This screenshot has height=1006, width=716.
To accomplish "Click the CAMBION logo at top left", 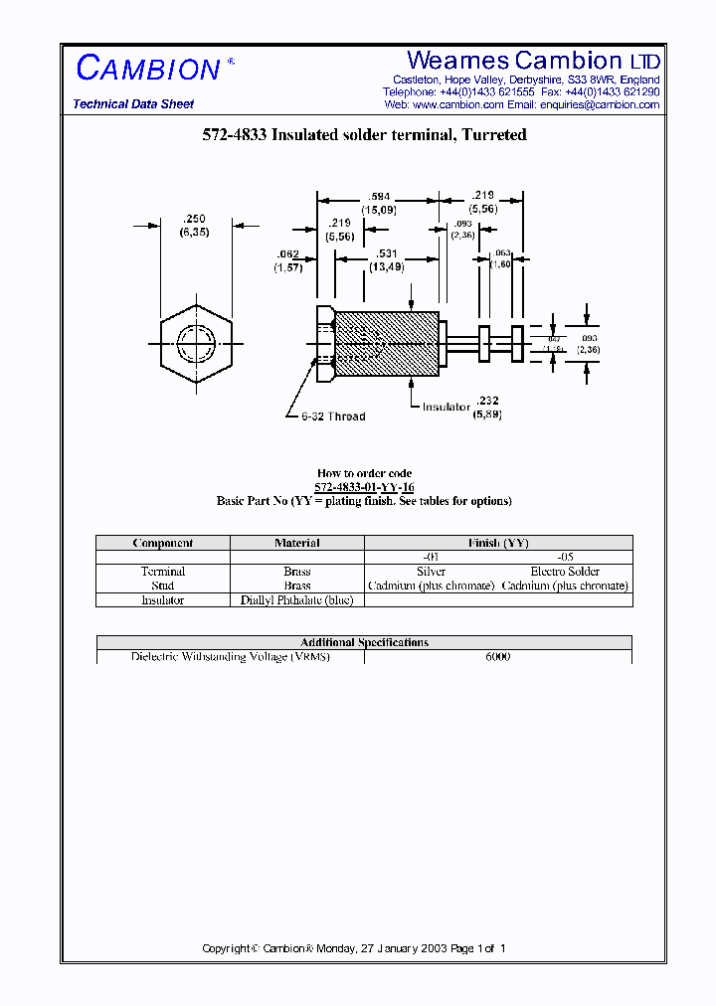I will pyautogui.click(x=149, y=69).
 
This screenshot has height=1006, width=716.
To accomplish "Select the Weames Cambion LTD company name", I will pyautogui.click(x=533, y=61).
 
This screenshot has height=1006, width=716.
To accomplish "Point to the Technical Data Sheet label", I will pyautogui.click(x=133, y=104).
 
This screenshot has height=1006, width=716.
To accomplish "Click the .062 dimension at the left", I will pyautogui.click(x=288, y=254).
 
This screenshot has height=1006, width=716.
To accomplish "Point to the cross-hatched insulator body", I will pyautogui.click(x=387, y=344).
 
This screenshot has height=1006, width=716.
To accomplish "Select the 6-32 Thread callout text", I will pyautogui.click(x=333, y=417).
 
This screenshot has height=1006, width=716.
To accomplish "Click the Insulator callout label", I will pyautogui.click(x=446, y=408).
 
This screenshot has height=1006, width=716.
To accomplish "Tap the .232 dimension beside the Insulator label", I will pyautogui.click(x=488, y=400).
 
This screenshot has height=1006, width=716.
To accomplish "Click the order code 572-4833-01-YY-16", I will pyautogui.click(x=364, y=487).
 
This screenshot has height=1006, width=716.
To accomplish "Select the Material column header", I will pyautogui.click(x=296, y=543).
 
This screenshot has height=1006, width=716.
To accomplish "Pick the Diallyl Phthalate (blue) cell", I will pyautogui.click(x=296, y=600).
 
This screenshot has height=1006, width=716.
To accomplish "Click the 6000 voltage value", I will pyautogui.click(x=497, y=657).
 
